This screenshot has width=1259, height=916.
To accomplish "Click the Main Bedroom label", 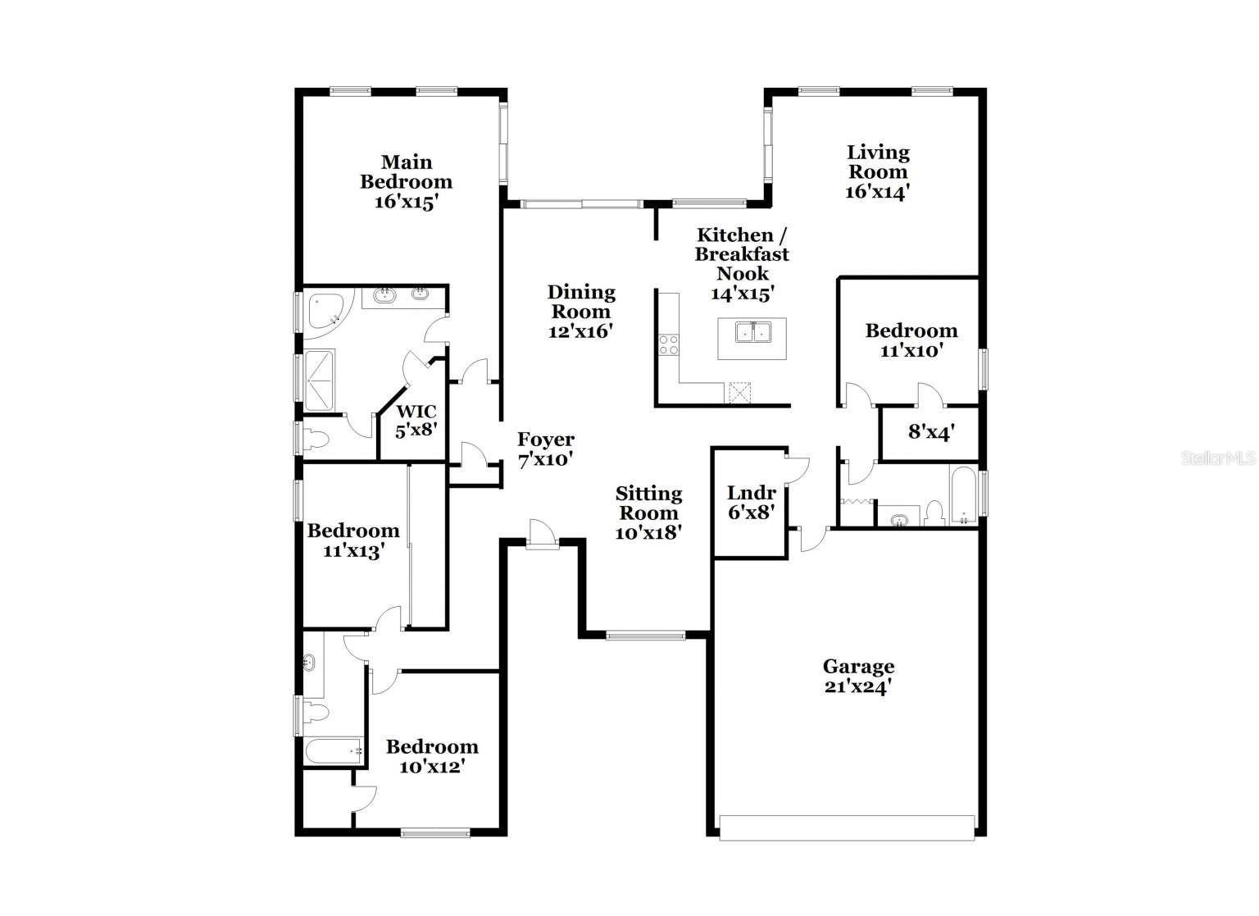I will (406, 172).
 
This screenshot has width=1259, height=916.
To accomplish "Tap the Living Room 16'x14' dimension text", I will (878, 192).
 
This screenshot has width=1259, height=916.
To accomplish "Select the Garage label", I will (858, 666).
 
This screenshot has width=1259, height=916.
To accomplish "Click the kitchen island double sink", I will (752, 331).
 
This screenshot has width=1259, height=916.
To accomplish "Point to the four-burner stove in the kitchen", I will (669, 345).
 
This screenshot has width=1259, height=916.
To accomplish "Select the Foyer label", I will (545, 440).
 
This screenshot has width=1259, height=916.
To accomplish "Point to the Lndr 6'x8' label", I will (752, 503).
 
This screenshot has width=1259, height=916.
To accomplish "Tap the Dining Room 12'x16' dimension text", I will (580, 331).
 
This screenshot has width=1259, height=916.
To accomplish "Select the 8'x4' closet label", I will (930, 431).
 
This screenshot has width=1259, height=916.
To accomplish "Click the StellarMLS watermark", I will (1218, 458).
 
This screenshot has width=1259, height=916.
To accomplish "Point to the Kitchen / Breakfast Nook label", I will (742, 254).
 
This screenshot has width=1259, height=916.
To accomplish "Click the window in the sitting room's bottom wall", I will (645, 635).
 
